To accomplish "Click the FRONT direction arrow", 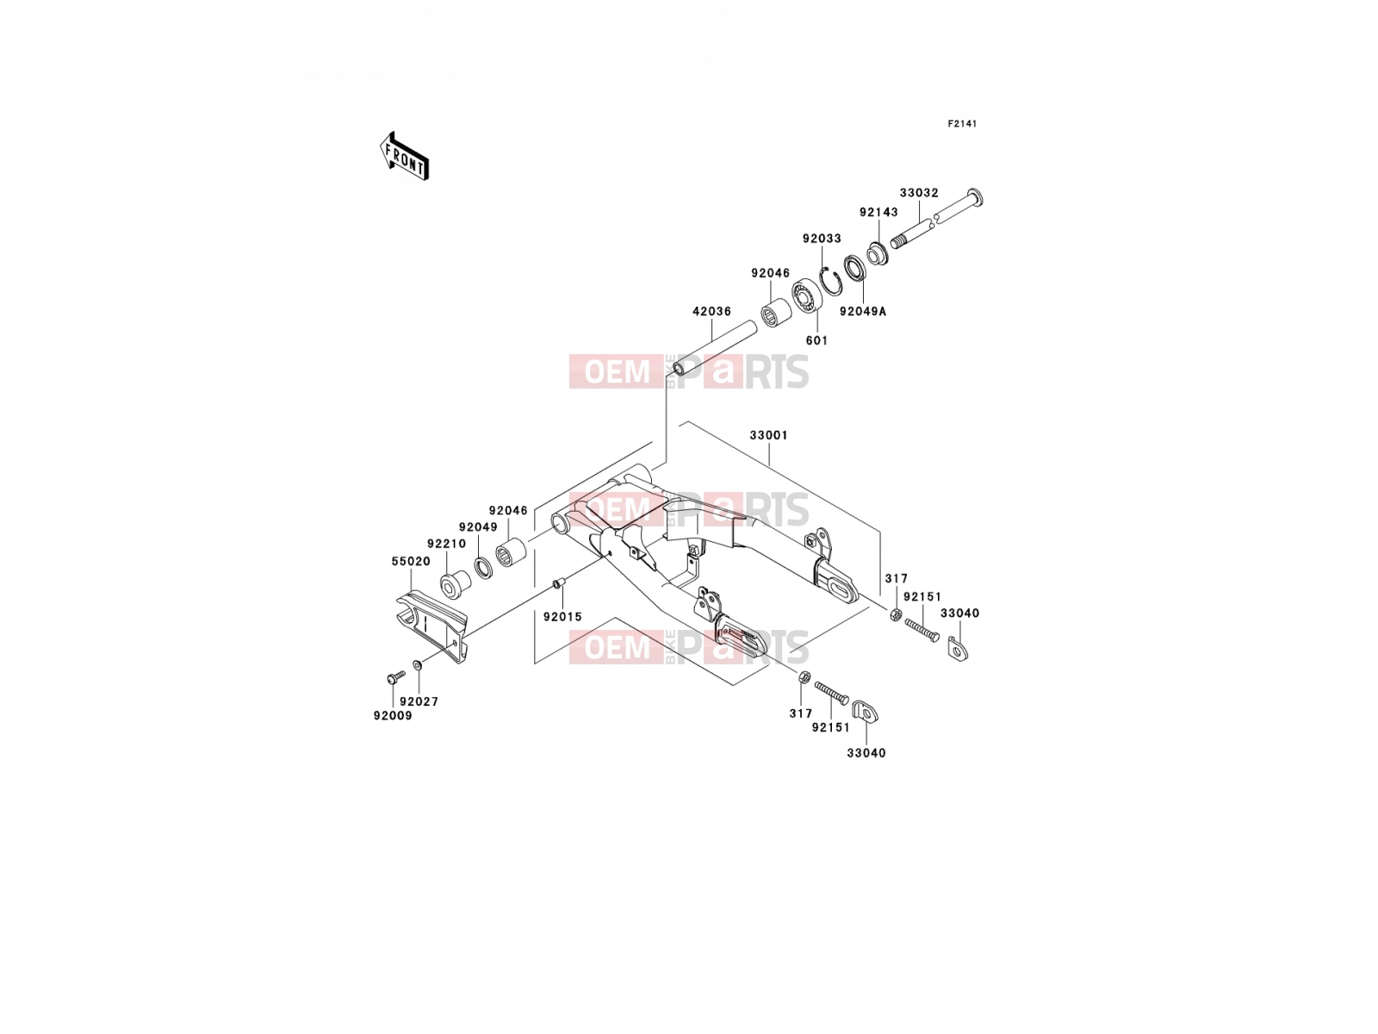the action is pyautogui.click(x=404, y=156).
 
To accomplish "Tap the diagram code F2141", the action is pyautogui.click(x=962, y=124).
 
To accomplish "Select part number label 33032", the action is pyautogui.click(x=918, y=193).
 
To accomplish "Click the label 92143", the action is pyautogui.click(x=878, y=212).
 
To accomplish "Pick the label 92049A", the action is pyautogui.click(x=863, y=311).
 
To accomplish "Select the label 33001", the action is pyautogui.click(x=768, y=435).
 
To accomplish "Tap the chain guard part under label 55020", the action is pyautogui.click(x=431, y=625).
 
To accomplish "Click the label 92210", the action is pyautogui.click(x=446, y=544).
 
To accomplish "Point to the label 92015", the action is pyautogui.click(x=562, y=617).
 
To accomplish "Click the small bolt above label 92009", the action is pyautogui.click(x=394, y=677).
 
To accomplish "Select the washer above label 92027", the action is pyautogui.click(x=418, y=664).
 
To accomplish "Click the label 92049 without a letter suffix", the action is pyautogui.click(x=478, y=527).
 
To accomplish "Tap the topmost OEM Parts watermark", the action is pyautogui.click(x=689, y=371).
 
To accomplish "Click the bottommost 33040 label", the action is pyautogui.click(x=866, y=753).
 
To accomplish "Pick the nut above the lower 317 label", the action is pyautogui.click(x=803, y=677).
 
